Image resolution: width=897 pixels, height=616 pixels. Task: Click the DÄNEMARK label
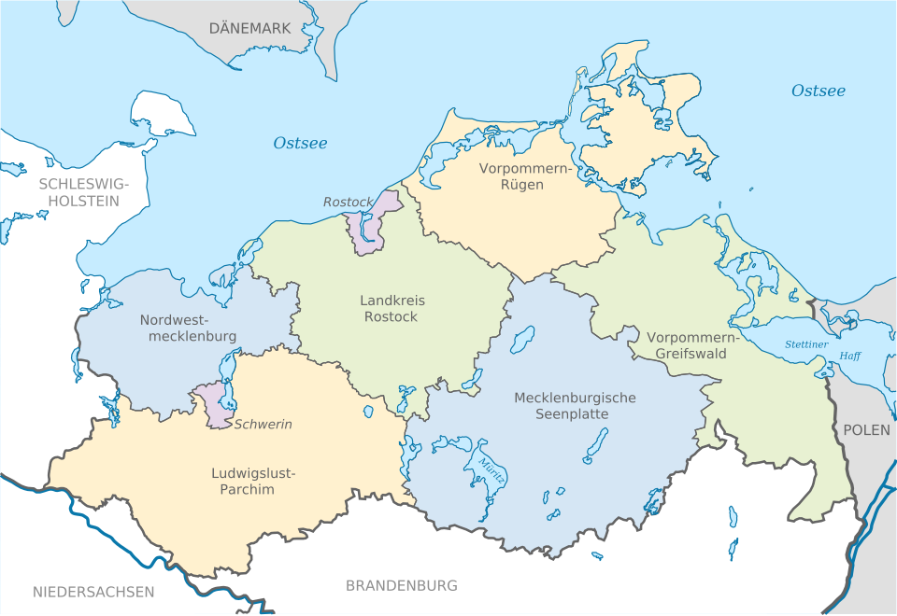(249, 29)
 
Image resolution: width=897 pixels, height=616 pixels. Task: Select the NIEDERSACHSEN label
(93, 592)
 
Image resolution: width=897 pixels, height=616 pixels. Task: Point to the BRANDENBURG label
(402, 586)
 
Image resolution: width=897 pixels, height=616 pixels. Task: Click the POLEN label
(866, 430)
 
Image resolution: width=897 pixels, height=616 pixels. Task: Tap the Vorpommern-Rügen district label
(511, 176)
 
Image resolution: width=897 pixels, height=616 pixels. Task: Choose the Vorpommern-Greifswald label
(691, 345)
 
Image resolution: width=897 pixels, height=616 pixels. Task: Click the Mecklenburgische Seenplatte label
(575, 405)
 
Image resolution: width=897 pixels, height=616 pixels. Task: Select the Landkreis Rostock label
(392, 309)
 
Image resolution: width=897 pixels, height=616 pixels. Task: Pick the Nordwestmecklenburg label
(188, 328)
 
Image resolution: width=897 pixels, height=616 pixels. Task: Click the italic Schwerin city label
(263, 424)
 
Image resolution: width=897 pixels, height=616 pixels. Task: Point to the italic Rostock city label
(348, 202)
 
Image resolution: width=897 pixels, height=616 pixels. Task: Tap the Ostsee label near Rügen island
(818, 91)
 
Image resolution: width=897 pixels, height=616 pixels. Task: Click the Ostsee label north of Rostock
(300, 143)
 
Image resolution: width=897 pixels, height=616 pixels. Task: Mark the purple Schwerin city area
(217, 407)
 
